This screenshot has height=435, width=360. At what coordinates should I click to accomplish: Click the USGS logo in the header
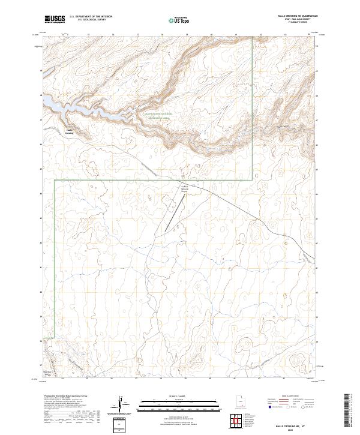(x=55, y=19)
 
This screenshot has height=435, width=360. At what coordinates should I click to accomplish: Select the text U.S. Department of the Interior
(x=91, y=16)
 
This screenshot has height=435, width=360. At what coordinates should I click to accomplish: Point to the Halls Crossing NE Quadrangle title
(x=293, y=16)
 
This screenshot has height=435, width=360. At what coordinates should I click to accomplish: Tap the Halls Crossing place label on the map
(x=69, y=132)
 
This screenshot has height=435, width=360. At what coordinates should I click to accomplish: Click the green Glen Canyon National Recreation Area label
(x=157, y=115)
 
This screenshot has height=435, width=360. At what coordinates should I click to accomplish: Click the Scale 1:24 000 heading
(x=179, y=396)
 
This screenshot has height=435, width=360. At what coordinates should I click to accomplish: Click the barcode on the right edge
(x=347, y=411)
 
